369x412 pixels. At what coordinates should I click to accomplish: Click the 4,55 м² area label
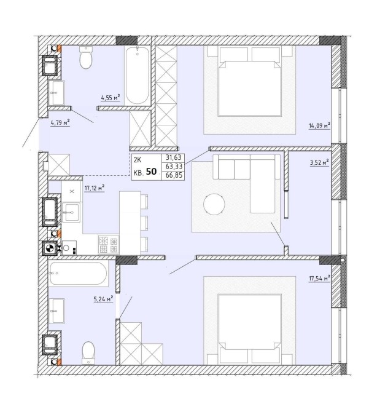point(111,98)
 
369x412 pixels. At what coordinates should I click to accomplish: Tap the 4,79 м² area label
point(60,122)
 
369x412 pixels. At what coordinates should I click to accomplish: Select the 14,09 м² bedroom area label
point(319,125)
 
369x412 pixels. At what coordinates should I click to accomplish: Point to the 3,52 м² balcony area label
point(319,162)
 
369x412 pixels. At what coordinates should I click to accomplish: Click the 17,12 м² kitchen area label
point(95,188)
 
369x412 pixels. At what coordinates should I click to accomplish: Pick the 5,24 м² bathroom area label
point(103,299)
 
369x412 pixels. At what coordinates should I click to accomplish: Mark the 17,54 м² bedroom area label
point(319,279)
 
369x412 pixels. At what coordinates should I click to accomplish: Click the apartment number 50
point(151,172)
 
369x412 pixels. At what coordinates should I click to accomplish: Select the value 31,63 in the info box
point(174,158)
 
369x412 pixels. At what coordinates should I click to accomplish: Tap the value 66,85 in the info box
point(174,175)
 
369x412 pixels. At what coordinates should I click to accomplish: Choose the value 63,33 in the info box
point(174,167)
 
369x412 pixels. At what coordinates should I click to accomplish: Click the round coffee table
point(214,204)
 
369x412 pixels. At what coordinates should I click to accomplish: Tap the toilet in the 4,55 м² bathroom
point(86,58)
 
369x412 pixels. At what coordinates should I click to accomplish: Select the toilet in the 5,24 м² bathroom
point(88,353)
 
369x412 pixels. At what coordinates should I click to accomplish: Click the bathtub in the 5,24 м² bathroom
point(79,273)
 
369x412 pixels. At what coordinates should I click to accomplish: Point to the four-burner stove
point(109,244)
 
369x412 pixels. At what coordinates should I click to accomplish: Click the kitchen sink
point(71,212)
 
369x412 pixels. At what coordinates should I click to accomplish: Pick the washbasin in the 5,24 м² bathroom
point(56,311)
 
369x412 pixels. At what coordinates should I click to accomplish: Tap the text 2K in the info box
point(138,159)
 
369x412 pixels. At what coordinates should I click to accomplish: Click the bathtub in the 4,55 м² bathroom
point(138,75)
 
